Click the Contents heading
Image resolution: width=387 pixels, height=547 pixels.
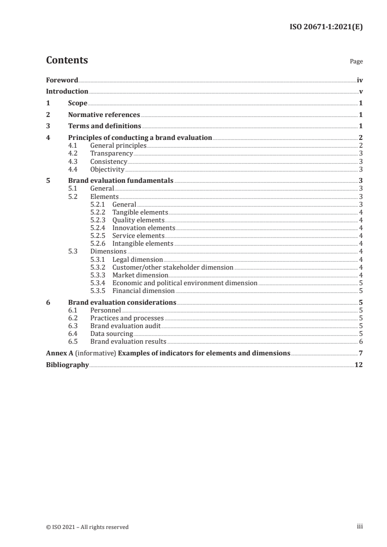pyautogui.click(x=67, y=60)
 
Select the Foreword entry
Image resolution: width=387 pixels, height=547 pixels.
pyautogui.click(x=62, y=80)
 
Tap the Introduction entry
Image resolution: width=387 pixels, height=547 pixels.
pyautogui.click(x=67, y=92)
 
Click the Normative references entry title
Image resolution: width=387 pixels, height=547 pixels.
pyautogui.click(x=104, y=115)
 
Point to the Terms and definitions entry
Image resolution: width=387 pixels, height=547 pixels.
pyautogui.click(x=104, y=126)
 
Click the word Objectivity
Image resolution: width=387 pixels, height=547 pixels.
pyautogui.click(x=107, y=170)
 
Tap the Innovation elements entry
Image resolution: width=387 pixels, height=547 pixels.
pyautogui.click(x=143, y=228)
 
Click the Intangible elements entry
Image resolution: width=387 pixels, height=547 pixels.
pyautogui.click(x=143, y=243)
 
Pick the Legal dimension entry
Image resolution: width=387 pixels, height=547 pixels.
pyautogui.click(x=138, y=259)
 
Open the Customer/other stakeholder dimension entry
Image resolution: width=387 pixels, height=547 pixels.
pyautogui.click(x=173, y=267)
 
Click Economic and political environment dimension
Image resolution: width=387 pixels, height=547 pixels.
pyautogui.click(x=184, y=283)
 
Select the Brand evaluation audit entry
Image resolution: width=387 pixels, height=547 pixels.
pyautogui.click(x=125, y=326)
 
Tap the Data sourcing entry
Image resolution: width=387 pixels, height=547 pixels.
pyautogui.click(x=112, y=333)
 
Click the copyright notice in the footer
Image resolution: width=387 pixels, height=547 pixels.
pyautogui.click(x=87, y=527)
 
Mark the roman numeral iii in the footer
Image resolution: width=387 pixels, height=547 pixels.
pyautogui.click(x=360, y=527)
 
